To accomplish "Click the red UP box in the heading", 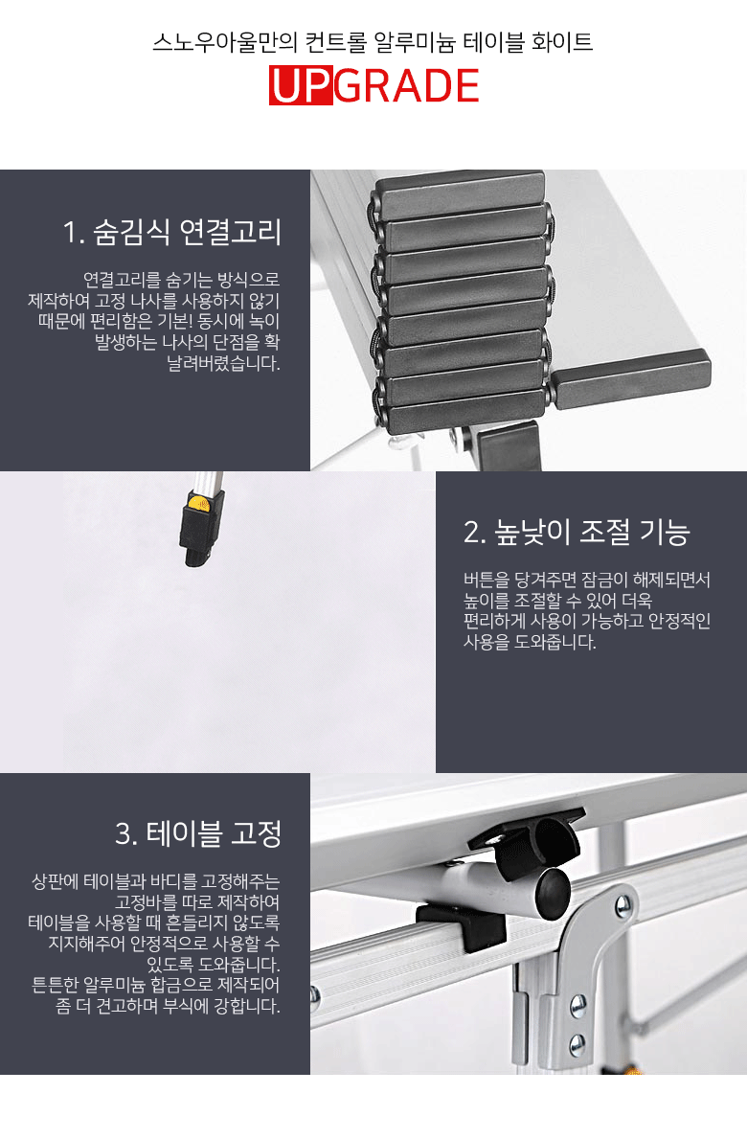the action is (301, 85).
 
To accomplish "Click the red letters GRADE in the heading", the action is (406, 85).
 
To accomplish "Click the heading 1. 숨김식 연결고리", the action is (172, 232).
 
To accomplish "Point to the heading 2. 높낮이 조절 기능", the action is (577, 532).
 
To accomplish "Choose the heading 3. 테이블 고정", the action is (198, 833).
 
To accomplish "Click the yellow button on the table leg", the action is (196, 502).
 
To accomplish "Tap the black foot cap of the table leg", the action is (196, 536).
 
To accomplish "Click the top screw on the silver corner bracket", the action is (622, 906).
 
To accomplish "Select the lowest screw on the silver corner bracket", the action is (577, 1045).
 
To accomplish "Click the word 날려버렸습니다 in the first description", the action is (223, 363).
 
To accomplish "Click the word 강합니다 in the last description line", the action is (247, 1006).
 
